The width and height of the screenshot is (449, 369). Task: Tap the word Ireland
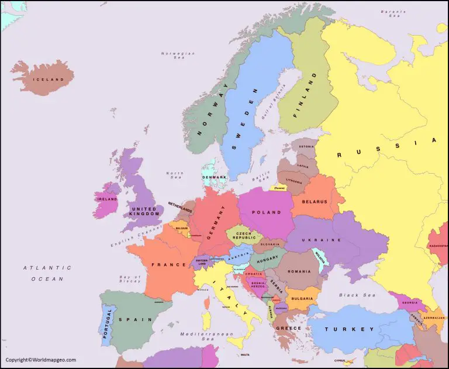pyautogui.click(x=107, y=199)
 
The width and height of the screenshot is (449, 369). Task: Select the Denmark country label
pyautogui.click(x=214, y=177)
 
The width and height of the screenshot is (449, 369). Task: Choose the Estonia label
pyautogui.click(x=306, y=147)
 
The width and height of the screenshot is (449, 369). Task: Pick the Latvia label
pyautogui.click(x=303, y=165)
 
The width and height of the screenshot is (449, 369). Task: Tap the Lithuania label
pyautogui.click(x=295, y=181)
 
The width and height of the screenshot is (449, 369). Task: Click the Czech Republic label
pyautogui.click(x=242, y=236)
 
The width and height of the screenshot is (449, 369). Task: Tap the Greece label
pyautogui.click(x=289, y=328)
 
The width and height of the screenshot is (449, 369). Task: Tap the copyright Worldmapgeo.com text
pyautogui.click(x=41, y=360)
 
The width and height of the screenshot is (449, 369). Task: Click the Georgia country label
pyautogui.click(x=410, y=302)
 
